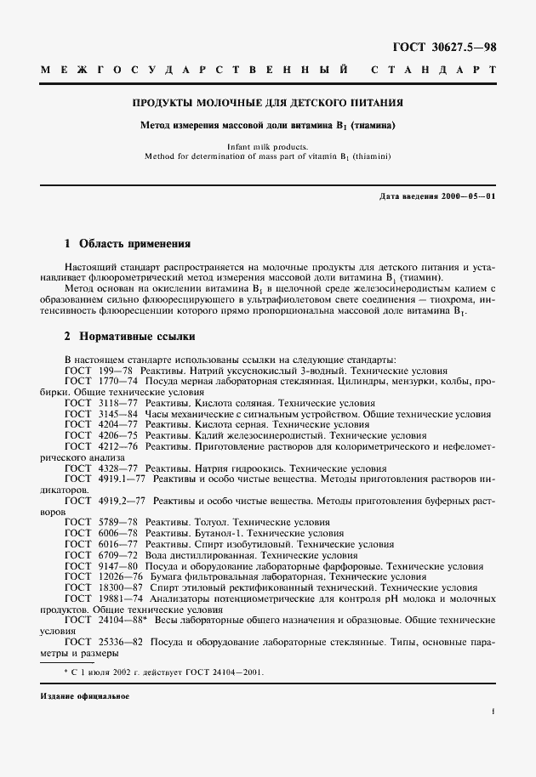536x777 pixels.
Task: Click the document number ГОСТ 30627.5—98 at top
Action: click(455, 48)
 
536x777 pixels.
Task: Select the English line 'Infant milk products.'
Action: click(268, 146)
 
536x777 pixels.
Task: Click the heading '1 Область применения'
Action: click(128, 242)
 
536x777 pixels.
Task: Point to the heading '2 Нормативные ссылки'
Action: click(130, 336)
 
